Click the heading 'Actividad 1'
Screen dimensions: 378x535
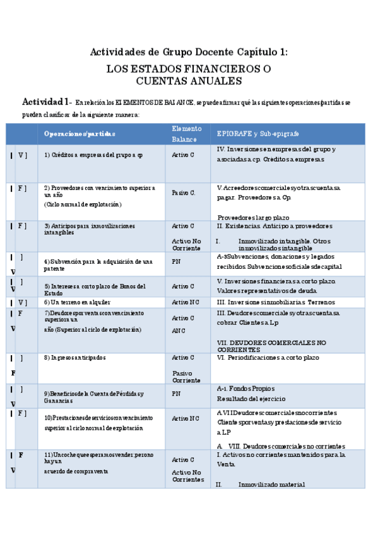tap(45, 102)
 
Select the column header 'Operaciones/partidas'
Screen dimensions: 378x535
tap(80, 134)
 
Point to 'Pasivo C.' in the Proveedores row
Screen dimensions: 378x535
tap(184, 192)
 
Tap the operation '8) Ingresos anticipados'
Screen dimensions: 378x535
tap(75, 358)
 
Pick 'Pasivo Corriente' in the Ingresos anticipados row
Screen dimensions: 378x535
tap(186, 377)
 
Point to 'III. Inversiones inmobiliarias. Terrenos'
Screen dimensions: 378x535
tap(271, 302)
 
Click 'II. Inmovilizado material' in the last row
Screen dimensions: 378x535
tap(261, 485)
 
